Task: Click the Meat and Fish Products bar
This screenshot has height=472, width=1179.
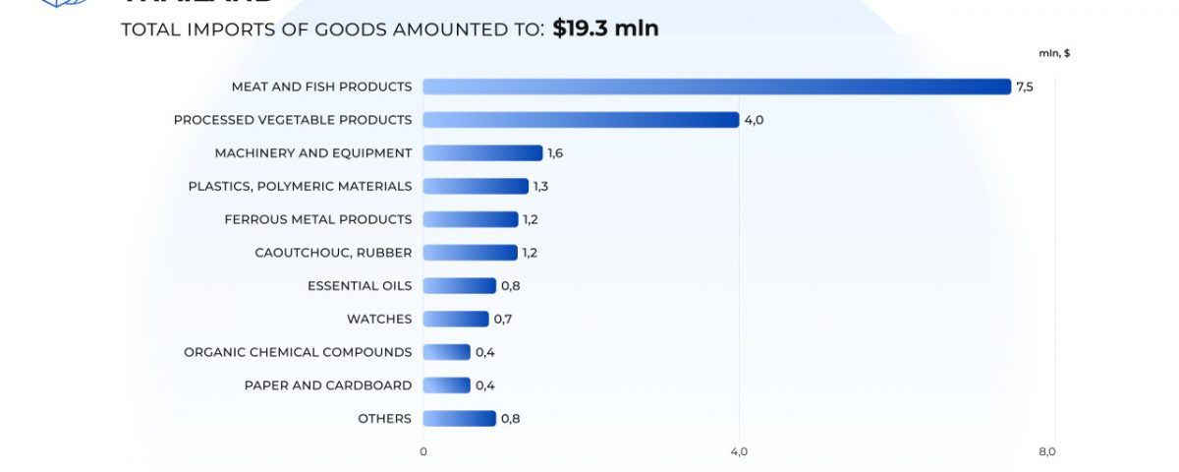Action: point(716,87)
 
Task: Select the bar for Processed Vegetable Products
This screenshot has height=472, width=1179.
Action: point(581,120)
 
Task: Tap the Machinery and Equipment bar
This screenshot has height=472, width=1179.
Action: point(482,152)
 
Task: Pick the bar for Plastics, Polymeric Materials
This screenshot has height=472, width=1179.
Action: point(476,186)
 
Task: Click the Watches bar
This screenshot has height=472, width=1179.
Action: point(456,319)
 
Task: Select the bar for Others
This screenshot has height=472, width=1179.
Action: point(459,418)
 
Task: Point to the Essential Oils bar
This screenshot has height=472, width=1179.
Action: point(459,285)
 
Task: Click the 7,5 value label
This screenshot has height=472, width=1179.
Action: point(1025,87)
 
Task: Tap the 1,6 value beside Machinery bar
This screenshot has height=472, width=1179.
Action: point(555,152)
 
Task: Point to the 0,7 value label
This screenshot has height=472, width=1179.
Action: point(502,319)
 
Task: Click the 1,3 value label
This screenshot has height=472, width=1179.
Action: point(541,186)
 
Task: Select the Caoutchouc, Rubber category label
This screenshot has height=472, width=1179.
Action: point(333,253)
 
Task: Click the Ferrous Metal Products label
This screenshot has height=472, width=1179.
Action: point(318,219)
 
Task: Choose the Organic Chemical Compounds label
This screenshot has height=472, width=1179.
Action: point(298,352)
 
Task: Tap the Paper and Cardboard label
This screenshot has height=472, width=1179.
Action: point(328,385)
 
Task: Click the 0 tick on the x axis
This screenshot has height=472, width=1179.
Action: point(423,451)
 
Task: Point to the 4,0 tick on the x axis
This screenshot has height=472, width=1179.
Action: point(739,451)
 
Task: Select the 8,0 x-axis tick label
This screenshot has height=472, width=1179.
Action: point(1046,451)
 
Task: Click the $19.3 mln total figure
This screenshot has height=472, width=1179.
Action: point(605,29)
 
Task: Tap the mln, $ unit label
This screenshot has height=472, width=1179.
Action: point(1054,53)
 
